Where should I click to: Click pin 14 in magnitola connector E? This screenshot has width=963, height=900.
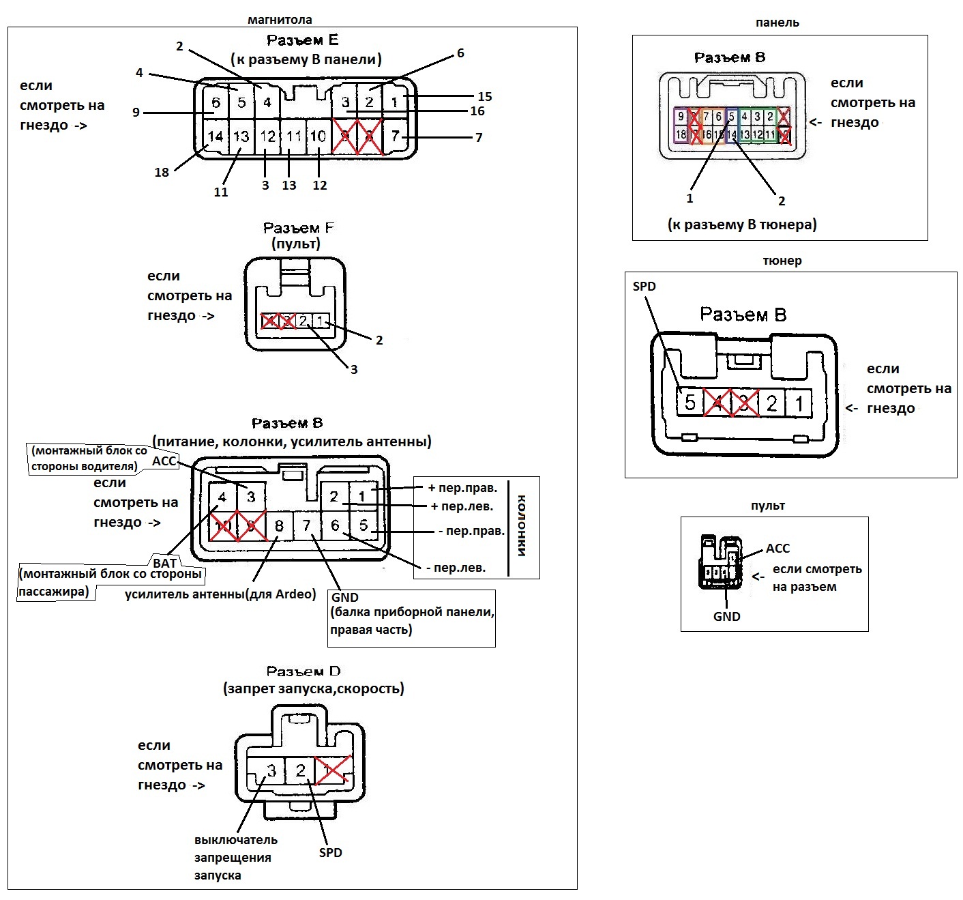[216, 136]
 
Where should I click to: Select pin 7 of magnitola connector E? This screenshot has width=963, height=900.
[396, 136]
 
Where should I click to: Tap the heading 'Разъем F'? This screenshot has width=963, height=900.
[298, 228]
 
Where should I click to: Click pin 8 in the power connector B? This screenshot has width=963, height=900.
[279, 526]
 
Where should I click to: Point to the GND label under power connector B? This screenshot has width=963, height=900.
[345, 597]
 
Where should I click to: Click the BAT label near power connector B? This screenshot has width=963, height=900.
[165, 563]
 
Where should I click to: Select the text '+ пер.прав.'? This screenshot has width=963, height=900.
[462, 488]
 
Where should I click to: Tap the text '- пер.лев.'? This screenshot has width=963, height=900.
[456, 567]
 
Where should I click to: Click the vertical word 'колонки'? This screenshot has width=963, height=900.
[522, 525]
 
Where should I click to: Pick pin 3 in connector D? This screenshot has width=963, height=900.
[271, 771]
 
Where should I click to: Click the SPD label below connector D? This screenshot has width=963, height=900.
[331, 852]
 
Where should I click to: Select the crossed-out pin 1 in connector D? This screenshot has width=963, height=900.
[332, 771]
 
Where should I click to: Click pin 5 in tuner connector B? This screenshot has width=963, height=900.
[690, 403]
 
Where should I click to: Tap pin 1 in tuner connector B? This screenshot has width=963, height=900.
[799, 403]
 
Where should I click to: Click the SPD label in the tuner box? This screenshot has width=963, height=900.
[645, 287]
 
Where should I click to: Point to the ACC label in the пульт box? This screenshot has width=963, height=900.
[777, 549]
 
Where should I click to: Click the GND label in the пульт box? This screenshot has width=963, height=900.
[726, 616]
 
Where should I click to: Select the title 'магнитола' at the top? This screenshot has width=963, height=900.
[280, 20]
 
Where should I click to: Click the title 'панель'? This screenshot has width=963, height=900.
[777, 23]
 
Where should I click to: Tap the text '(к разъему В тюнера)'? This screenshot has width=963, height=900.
[742, 224]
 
